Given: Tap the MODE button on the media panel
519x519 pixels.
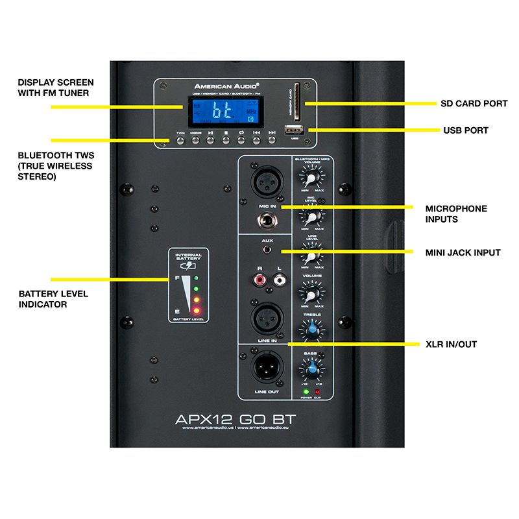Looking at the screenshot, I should [x=195, y=138].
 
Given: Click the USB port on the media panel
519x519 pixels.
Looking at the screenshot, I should [x=296, y=130].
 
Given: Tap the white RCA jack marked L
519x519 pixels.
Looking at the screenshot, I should [x=280, y=281].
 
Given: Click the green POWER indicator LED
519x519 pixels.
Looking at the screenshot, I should [x=305, y=392].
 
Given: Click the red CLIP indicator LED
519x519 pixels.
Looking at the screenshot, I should [x=317, y=392].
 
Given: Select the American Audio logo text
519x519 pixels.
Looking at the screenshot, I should [x=227, y=86].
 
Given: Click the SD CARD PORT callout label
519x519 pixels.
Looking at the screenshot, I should [x=463, y=103].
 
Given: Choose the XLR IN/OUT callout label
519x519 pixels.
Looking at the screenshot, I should [x=451, y=344].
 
